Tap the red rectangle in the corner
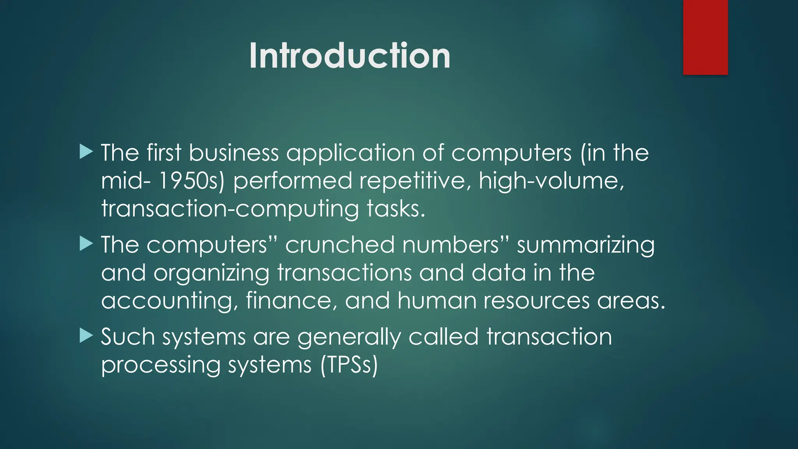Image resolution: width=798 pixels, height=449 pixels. (x=705, y=37)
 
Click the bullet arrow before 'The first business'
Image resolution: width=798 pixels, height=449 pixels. (x=86, y=152)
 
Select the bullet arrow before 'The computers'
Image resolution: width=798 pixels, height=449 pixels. (x=86, y=244)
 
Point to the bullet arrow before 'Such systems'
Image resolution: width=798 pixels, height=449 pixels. (x=86, y=336)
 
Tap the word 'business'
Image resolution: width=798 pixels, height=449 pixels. (x=234, y=152)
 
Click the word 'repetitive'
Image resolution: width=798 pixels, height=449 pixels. (x=415, y=181)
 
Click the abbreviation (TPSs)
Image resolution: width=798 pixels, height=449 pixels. (x=349, y=366)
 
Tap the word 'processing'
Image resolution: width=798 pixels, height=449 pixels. (x=161, y=366)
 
